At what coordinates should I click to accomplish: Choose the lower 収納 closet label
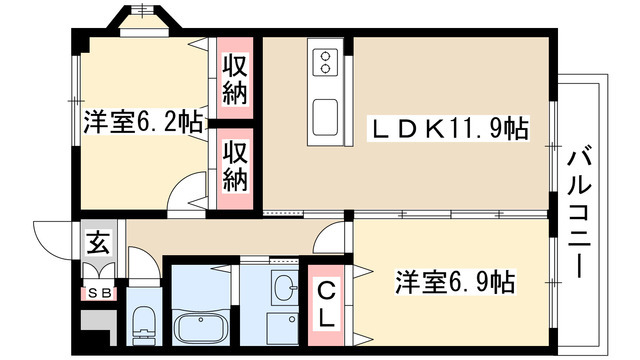236,166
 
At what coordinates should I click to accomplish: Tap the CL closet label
328,305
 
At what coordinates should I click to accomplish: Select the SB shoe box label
99,294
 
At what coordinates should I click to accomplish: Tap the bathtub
203,325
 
